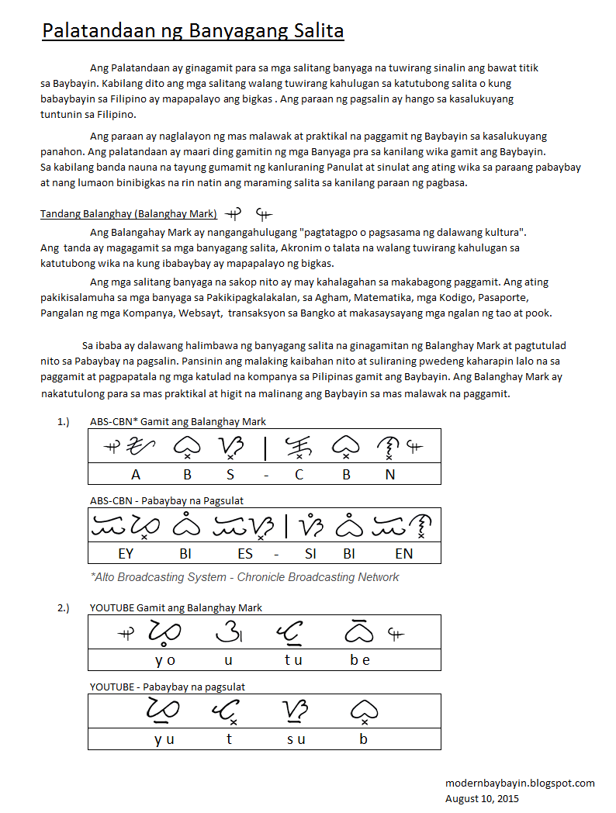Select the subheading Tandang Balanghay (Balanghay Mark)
click(x=129, y=214)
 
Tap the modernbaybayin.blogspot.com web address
click(x=520, y=783)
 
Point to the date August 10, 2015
click(x=482, y=798)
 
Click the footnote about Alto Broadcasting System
click(x=245, y=577)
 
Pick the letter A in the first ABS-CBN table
click(x=137, y=475)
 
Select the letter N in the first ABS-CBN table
click(x=390, y=475)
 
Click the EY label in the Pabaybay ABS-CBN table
click(x=126, y=553)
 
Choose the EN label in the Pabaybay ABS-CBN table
click(x=404, y=553)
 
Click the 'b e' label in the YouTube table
click(x=360, y=660)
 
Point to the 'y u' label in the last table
click(x=164, y=739)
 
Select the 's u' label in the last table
click(x=296, y=739)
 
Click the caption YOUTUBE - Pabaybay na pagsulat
click(x=168, y=687)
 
